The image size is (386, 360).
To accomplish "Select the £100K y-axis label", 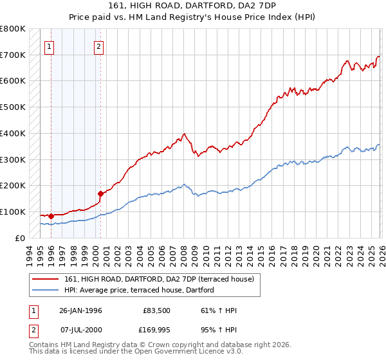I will pos(14,212).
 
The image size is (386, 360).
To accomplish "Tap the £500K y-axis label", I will pos(14,107).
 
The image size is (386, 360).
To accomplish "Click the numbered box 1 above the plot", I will pos(50,46).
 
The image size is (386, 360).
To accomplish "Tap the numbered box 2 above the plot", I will pos(98,46).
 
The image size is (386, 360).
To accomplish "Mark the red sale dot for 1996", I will pos(51,216).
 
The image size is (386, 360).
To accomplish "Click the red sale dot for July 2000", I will pos(100,193).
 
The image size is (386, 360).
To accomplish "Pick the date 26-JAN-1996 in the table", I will pos(80,310).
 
